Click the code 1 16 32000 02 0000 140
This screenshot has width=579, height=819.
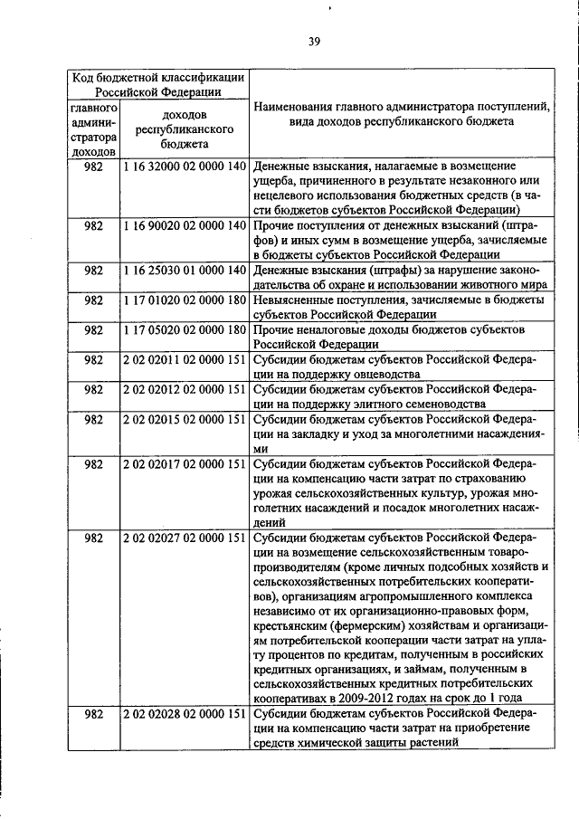(185, 167)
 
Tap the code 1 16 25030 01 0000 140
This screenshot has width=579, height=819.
(185, 270)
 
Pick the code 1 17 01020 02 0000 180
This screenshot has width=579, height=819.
(185, 300)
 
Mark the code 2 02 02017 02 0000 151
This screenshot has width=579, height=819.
(185, 464)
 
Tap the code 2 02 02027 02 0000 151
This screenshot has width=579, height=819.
(185, 538)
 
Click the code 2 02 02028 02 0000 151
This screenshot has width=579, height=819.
(185, 714)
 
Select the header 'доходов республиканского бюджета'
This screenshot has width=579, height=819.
(185, 129)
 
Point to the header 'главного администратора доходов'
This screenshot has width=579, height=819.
(92, 129)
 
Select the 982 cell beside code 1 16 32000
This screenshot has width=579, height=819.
(92, 167)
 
